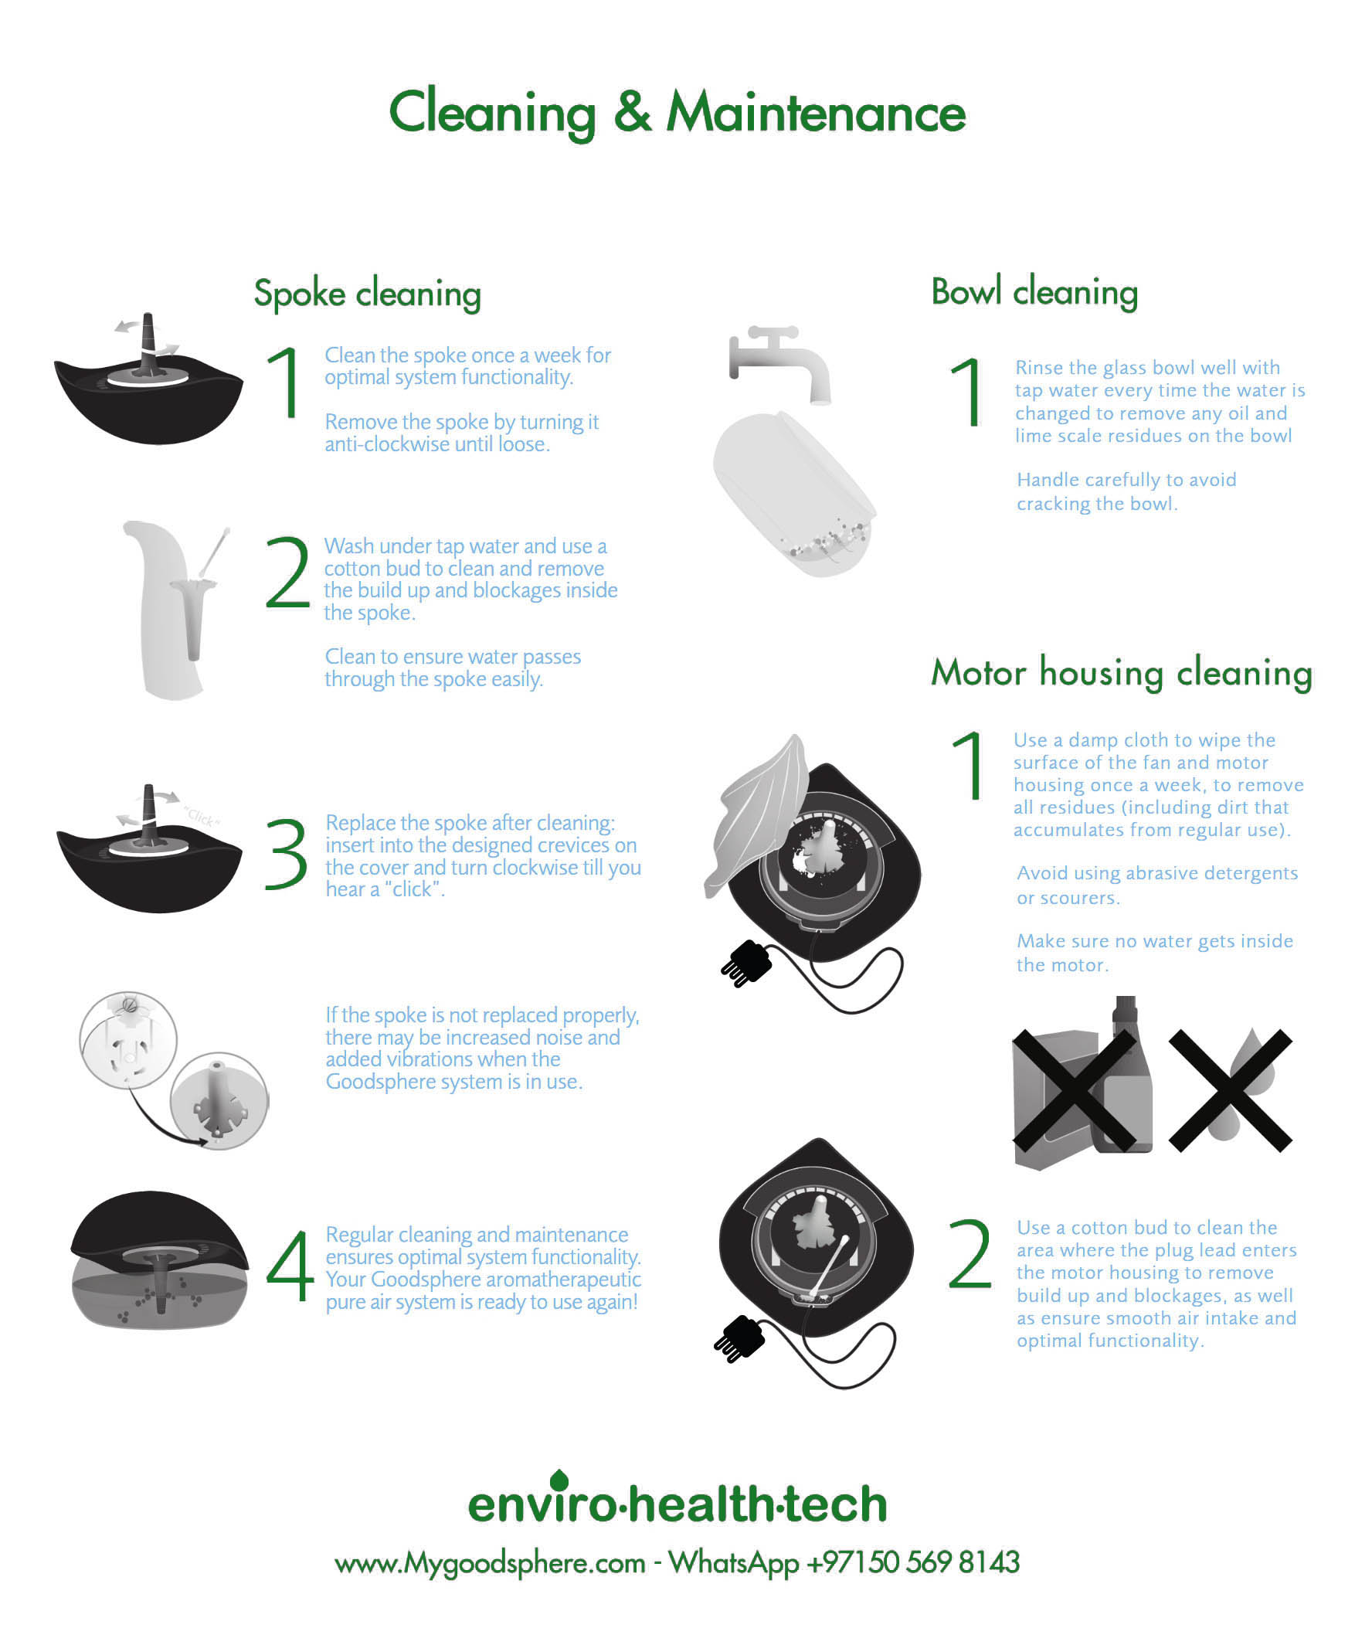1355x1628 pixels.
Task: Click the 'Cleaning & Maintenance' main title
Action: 677,113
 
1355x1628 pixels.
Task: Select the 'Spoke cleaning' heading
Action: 368,294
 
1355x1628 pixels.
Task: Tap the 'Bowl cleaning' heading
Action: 1034,292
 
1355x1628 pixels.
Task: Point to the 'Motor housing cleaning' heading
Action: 1121,672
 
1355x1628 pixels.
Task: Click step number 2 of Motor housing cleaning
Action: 969,1252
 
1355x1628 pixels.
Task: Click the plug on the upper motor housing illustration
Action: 747,964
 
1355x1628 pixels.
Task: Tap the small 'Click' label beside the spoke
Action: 202,817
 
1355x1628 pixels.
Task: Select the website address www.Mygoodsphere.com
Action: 490,1563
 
